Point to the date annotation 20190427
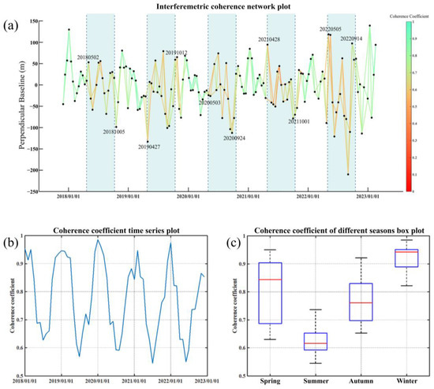[x=150, y=146]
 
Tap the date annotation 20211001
[x=298, y=122]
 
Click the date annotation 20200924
[x=234, y=138]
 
